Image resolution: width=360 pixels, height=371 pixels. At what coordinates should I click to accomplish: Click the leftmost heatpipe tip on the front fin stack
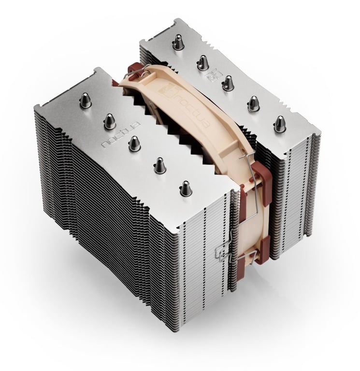click(86, 100)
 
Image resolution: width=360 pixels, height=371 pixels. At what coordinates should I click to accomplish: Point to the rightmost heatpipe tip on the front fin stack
click(186, 187)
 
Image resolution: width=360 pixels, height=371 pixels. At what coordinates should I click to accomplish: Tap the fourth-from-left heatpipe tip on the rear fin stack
click(252, 103)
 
